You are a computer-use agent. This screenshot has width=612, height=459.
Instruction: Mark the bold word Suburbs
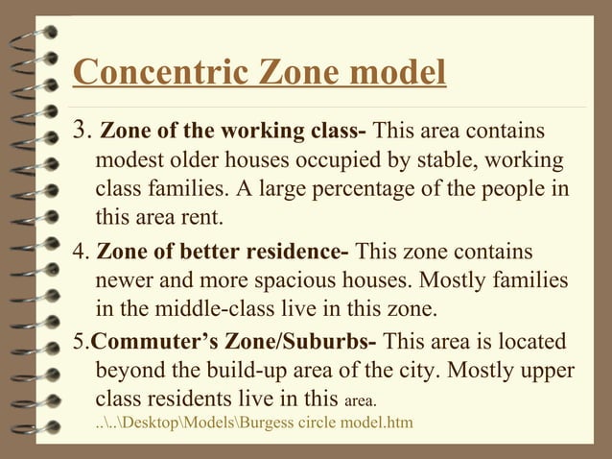pyautogui.click(x=335, y=342)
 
